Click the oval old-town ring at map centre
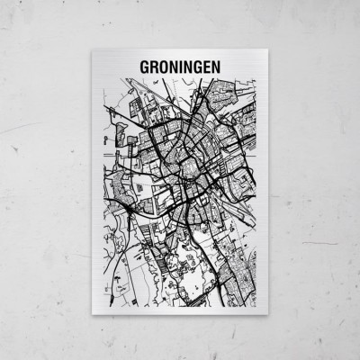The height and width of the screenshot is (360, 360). pyautogui.click(x=191, y=166)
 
